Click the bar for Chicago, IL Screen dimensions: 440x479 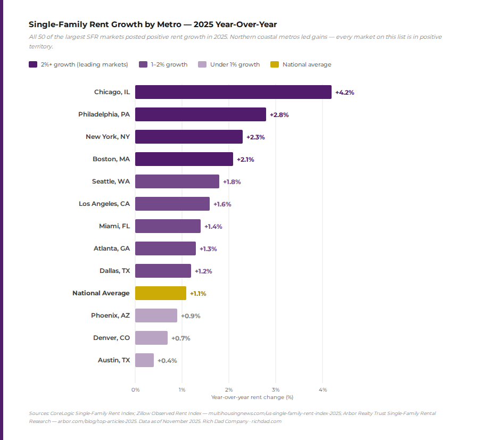tap(233, 92)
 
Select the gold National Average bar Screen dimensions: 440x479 tap(161, 293)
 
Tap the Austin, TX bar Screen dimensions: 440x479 tap(144, 360)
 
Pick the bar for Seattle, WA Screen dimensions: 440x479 tap(177, 181)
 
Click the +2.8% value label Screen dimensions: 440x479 tap(279, 115)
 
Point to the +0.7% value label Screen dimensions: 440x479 tap(180, 338)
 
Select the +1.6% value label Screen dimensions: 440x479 tap(222, 204)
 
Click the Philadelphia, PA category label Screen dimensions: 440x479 tap(104, 114)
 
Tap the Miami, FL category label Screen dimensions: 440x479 tap(114, 226)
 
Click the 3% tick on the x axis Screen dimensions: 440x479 tap(276, 390)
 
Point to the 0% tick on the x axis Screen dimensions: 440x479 tap(136, 390)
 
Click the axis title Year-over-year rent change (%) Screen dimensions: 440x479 tap(252, 397)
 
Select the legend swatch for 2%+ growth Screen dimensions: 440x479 tap(33, 65)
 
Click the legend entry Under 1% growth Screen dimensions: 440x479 tap(235, 65)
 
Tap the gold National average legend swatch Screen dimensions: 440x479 tap(275, 65)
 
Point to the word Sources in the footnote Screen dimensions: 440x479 tap(38, 413)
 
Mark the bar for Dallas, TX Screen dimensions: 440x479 tap(163, 271)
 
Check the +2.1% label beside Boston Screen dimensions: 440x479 tap(245, 160)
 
